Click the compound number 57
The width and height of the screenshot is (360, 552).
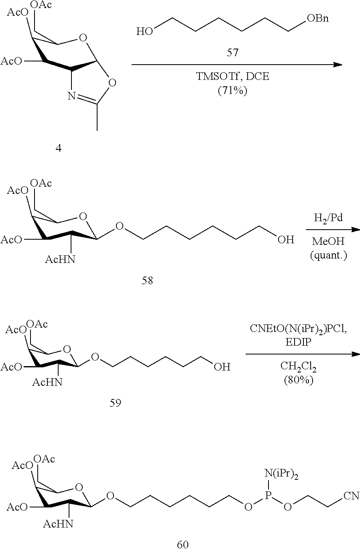232,53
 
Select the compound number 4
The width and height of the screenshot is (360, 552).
59,149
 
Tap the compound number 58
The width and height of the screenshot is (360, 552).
147,281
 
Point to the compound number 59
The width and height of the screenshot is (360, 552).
115,403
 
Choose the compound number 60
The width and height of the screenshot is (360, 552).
183,544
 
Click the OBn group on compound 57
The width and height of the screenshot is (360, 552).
317,18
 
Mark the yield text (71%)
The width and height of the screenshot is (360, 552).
232,91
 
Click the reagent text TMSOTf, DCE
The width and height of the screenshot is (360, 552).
232,77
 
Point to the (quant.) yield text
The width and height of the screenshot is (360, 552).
329,255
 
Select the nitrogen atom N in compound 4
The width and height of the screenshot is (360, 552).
71,96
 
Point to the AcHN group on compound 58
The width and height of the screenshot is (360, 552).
60,259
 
